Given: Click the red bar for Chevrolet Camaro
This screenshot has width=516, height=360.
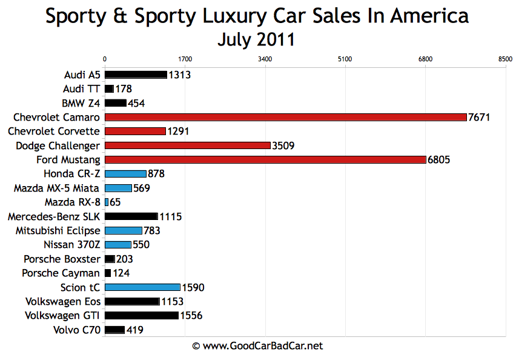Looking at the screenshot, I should [285, 117].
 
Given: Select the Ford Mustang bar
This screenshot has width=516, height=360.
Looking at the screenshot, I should [265, 159].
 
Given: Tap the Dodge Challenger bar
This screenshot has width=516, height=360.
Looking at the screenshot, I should [188, 145].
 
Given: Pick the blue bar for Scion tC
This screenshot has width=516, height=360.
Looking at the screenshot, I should [142, 287].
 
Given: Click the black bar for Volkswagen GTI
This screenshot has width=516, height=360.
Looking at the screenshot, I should [142, 315].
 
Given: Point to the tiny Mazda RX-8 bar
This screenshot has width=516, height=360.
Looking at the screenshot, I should [107, 202].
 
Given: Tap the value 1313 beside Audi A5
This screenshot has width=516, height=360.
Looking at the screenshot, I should [180, 75].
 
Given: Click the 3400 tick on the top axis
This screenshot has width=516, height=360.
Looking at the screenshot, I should [265, 59].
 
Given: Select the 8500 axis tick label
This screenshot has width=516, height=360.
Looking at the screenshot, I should [504, 59].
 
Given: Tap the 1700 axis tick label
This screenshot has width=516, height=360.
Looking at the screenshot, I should [185, 59].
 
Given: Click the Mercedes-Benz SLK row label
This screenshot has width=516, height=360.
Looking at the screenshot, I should [54, 216].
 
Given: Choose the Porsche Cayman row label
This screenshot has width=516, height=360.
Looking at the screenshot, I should [61, 273].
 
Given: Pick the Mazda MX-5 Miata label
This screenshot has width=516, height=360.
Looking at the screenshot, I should [56, 188].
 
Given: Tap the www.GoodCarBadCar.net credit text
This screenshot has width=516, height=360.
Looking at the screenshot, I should [257, 346].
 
